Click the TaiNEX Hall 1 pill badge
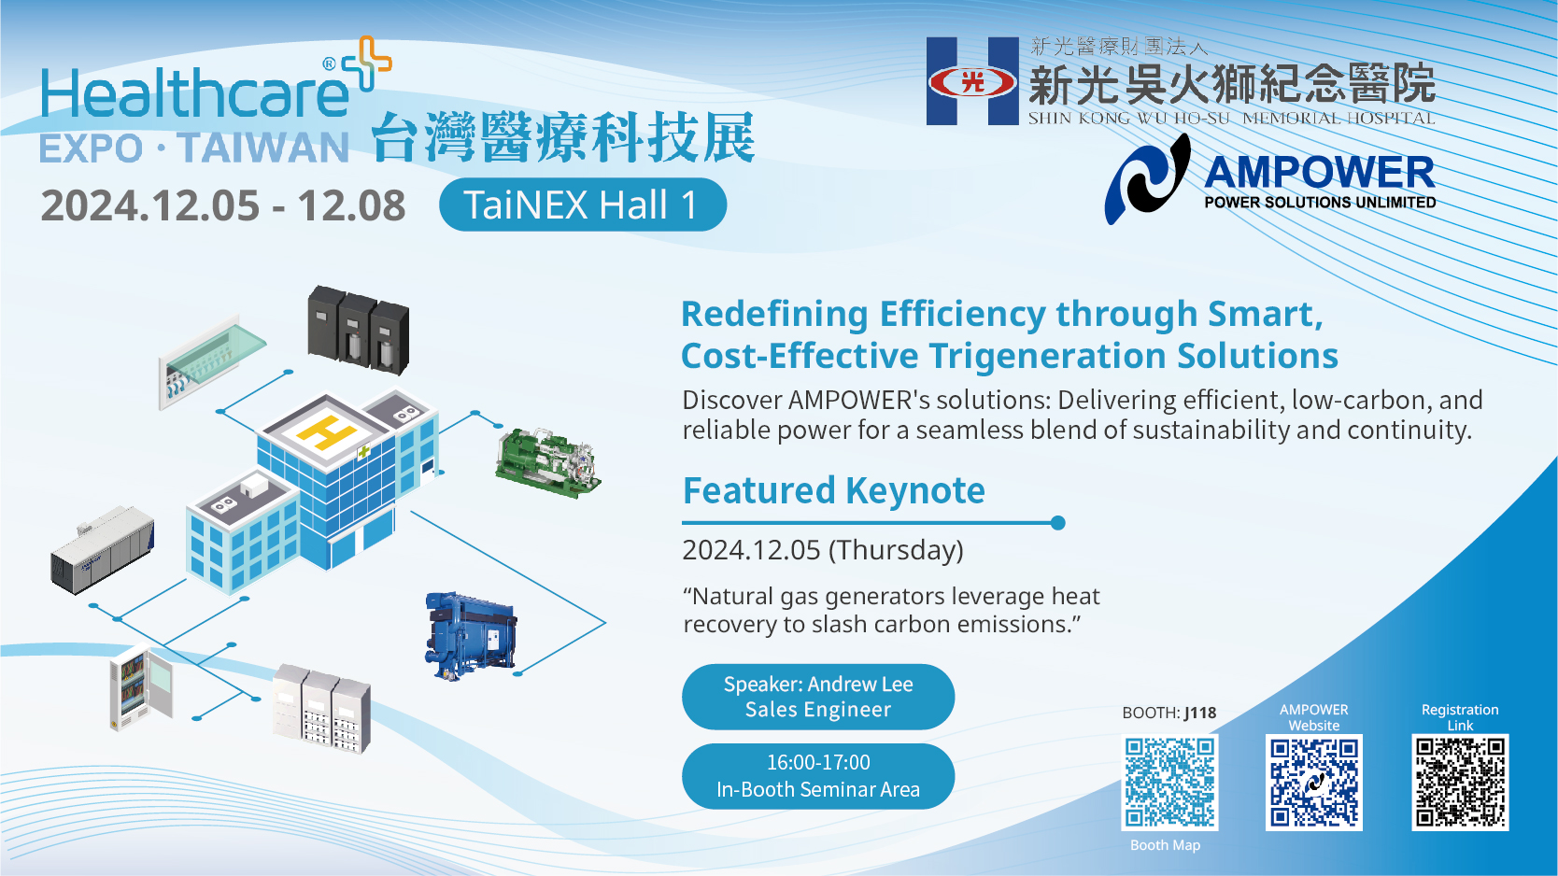pos(583,205)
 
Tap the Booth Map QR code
pos(1169,783)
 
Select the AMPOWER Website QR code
pos(1314,783)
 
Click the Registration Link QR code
pos(1460,783)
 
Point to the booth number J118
pos(1200,713)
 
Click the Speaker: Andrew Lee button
pos(818,697)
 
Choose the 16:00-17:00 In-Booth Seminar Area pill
pos(818,776)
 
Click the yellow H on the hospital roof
pos(326,431)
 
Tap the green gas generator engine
pos(547,461)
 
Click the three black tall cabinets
pos(358,330)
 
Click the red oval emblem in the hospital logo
pos(973,83)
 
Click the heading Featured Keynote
pos(834,490)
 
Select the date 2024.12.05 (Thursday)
pos(823,550)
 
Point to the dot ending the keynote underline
pos(1058,523)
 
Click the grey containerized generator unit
pos(102,550)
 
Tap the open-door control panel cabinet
pos(140,687)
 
